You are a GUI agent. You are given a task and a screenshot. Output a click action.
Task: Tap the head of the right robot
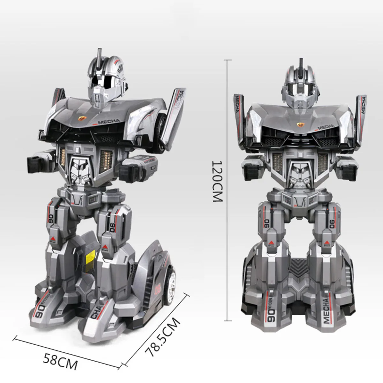[x=300, y=83]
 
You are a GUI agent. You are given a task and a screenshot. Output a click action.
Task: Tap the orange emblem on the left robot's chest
[x=82, y=118]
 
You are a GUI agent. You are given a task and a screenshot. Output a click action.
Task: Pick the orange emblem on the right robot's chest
[x=300, y=124]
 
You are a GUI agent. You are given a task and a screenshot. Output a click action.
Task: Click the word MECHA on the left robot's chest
[x=109, y=122]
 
